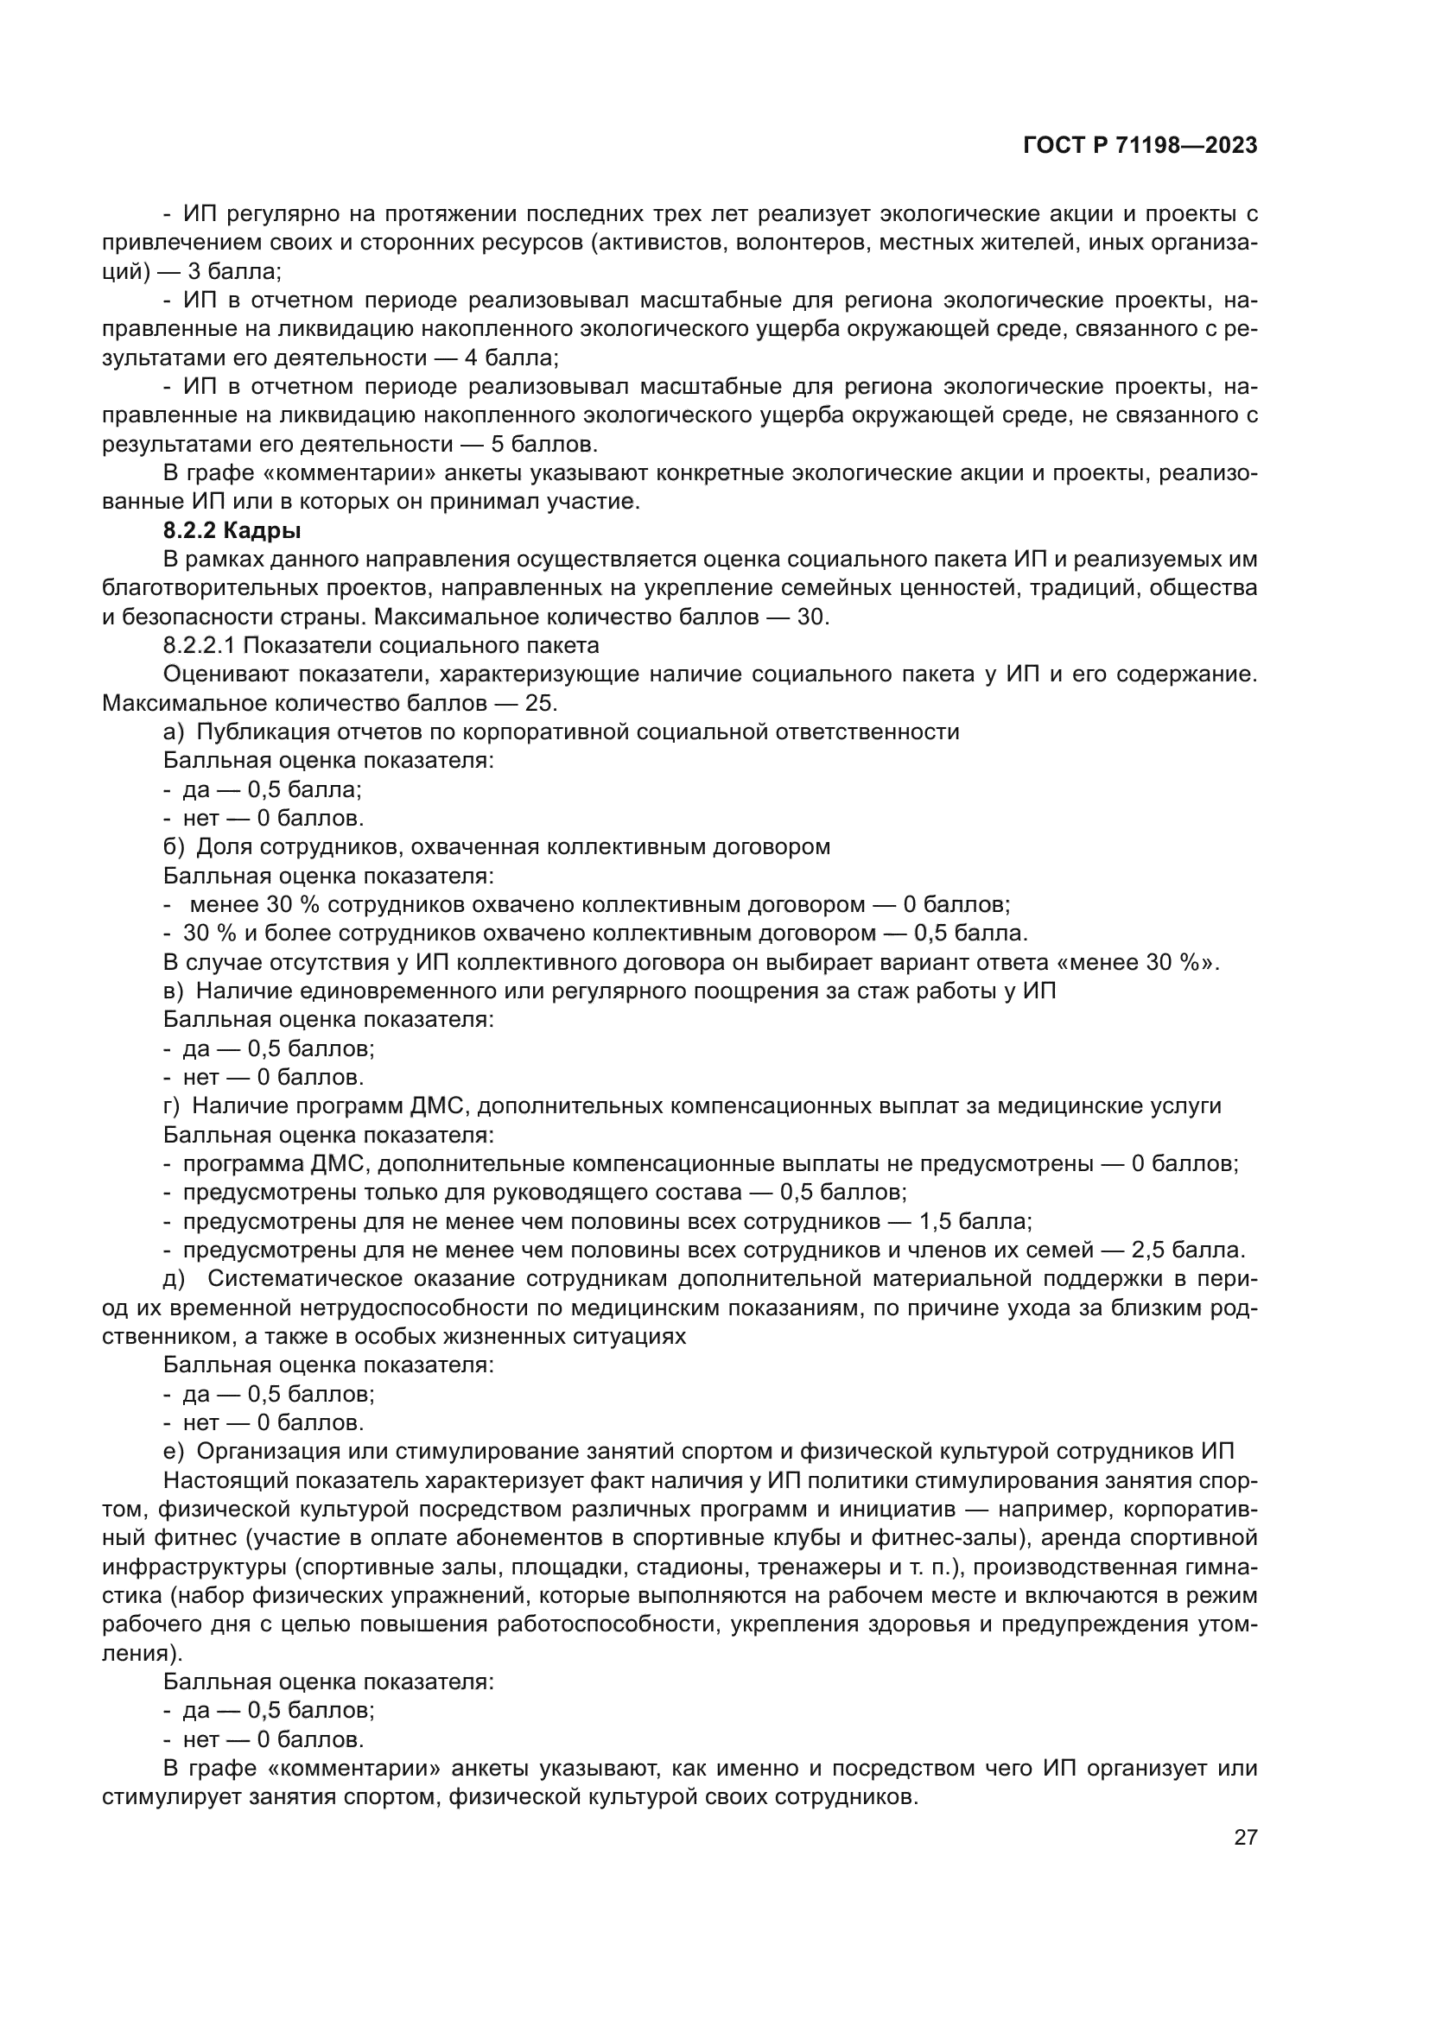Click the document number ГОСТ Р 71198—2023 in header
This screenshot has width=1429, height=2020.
(1140, 146)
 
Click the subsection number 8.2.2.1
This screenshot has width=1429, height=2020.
(199, 645)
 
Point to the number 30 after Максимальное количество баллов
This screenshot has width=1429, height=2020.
(811, 617)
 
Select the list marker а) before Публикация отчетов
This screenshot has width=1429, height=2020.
(174, 732)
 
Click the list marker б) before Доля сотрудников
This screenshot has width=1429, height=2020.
(174, 846)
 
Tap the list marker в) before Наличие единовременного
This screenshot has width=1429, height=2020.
(174, 991)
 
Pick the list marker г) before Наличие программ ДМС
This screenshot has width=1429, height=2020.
(172, 1106)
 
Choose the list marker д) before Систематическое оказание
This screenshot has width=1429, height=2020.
(174, 1278)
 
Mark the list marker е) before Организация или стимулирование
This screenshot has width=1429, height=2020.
(174, 1451)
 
